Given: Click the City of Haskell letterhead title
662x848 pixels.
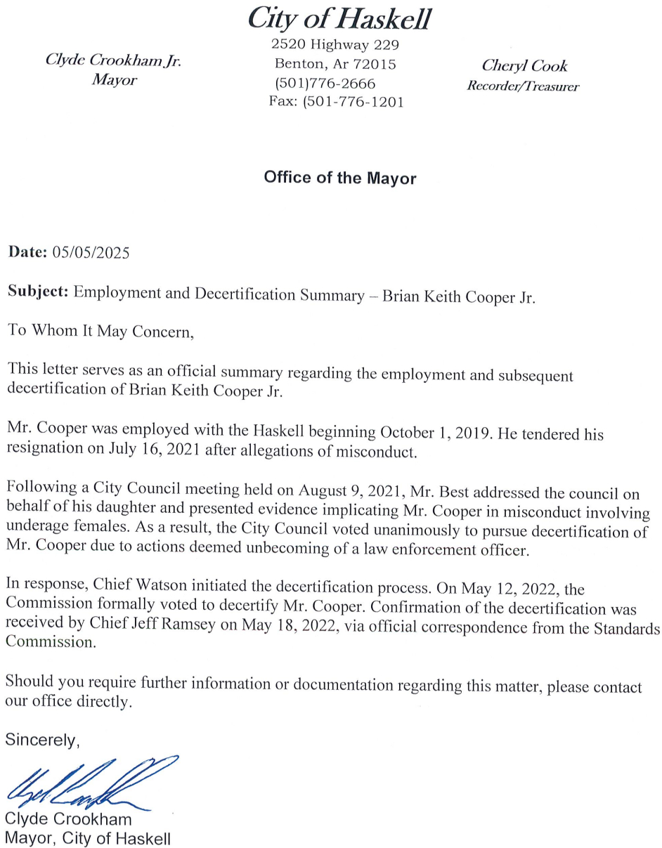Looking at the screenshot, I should (339, 19).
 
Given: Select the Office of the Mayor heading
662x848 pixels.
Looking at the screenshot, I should (339, 178).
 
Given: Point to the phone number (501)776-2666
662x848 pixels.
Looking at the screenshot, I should (325, 84).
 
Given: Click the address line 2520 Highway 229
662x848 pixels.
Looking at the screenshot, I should (335, 46).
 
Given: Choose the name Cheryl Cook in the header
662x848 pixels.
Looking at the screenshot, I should (524, 66).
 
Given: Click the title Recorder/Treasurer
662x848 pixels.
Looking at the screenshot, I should (524, 86).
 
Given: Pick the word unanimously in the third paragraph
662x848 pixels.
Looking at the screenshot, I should (340, 531).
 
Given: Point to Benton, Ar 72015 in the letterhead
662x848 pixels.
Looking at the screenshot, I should (335, 65).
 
